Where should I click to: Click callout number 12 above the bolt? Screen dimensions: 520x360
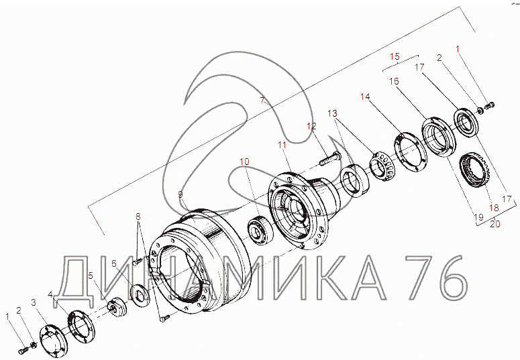click(311, 126)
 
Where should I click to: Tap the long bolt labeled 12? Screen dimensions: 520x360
click(329, 158)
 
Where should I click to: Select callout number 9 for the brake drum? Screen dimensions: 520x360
click(180, 194)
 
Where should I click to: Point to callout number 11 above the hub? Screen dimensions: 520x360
click(282, 145)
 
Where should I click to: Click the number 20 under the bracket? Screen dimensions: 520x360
click(495, 224)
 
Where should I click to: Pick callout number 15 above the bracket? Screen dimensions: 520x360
click(395, 56)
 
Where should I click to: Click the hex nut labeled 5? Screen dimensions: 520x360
click(116, 306)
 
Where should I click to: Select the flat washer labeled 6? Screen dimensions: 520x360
click(140, 296)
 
